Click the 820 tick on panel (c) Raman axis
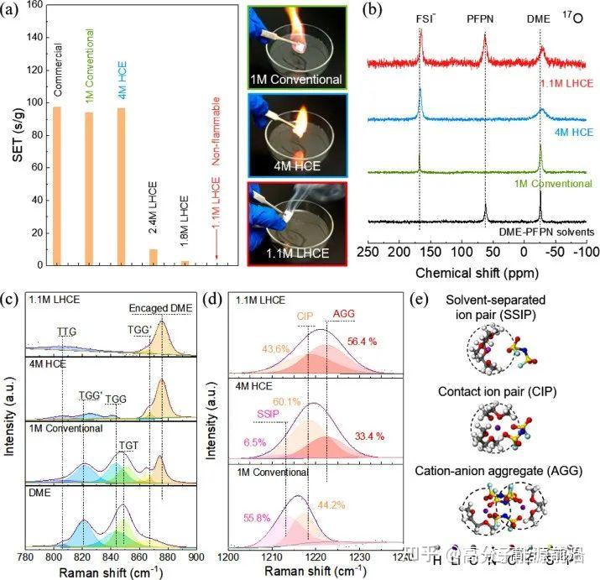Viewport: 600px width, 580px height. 83,556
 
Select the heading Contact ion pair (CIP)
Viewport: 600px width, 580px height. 511,392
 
